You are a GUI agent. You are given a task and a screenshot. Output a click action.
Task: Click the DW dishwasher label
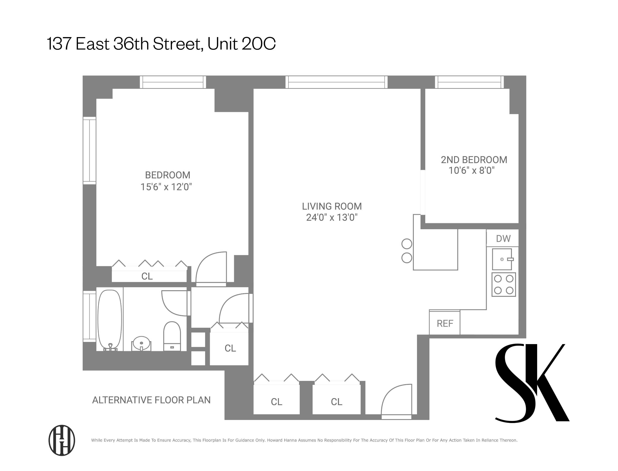[503, 239]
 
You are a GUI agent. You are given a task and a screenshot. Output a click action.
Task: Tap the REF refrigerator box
[445, 323]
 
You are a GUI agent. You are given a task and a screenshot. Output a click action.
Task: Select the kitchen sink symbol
[502, 259]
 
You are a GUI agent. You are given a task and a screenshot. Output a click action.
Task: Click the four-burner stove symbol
[503, 285]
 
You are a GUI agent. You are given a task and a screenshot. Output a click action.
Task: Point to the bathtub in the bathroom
[110, 320]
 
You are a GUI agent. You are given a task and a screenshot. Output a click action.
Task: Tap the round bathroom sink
[141, 343]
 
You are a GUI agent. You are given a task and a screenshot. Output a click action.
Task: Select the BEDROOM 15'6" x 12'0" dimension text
[166, 187]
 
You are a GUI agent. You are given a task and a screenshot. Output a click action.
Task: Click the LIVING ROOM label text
[332, 206]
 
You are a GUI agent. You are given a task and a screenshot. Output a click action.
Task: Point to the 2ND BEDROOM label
[474, 160]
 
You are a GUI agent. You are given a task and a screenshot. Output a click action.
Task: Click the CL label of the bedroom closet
[147, 276]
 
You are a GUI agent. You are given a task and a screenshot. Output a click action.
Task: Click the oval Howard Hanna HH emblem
[62, 440]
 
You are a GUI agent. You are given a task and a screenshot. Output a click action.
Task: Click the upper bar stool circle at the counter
[407, 244]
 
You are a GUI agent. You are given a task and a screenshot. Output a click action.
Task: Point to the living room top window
[336, 82]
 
